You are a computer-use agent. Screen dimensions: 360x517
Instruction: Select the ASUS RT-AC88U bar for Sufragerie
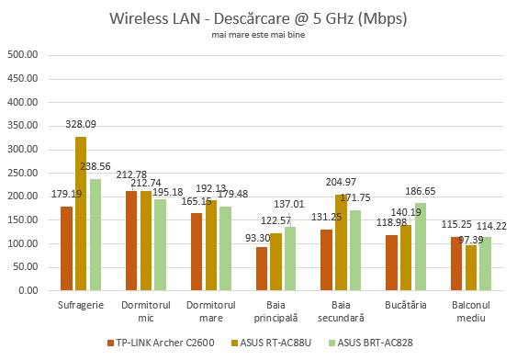tap(80, 213)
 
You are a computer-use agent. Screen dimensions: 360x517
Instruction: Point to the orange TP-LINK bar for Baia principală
tap(262, 268)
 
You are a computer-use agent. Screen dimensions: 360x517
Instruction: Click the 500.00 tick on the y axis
tap(20, 54)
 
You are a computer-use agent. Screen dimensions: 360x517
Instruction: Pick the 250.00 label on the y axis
tap(20, 173)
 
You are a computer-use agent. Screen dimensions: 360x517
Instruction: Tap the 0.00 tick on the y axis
tap(26, 291)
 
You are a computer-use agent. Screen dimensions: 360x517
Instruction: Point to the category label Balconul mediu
tap(472, 310)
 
